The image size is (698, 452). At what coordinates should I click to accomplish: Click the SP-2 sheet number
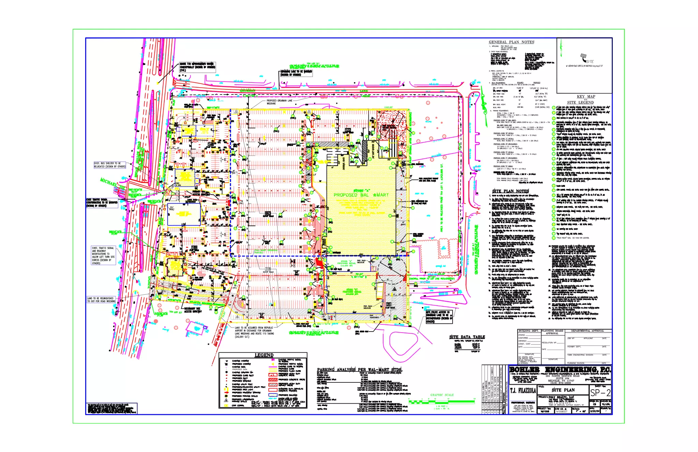601,393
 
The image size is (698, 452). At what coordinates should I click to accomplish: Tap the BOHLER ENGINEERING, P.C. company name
560,370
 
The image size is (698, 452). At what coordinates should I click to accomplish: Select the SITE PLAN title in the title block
563,390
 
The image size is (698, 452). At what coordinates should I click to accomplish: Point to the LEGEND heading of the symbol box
264,355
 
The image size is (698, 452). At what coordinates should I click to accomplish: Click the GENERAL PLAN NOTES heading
511,42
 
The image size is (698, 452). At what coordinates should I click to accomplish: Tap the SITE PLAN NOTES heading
510,191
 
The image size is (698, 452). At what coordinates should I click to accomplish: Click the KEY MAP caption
586,97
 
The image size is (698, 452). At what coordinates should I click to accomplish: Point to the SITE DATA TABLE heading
467,337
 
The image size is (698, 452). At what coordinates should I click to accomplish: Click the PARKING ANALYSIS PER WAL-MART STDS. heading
360,370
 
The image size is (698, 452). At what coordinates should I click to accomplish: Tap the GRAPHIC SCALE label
442,395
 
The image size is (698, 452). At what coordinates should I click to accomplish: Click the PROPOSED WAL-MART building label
361,195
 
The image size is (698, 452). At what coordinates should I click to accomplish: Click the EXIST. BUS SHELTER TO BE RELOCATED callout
110,165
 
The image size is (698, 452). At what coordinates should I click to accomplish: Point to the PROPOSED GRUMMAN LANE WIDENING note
279,102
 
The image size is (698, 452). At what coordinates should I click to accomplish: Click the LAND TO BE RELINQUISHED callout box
101,300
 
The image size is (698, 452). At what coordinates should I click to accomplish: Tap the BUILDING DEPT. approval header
529,331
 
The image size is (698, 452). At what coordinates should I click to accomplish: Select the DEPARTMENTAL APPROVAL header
587,331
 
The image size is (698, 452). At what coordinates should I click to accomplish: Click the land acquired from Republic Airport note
254,332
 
